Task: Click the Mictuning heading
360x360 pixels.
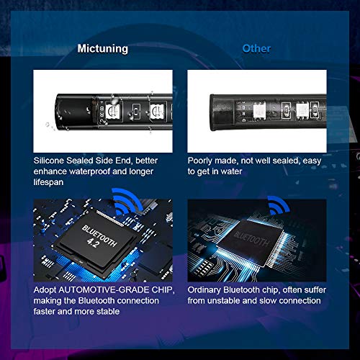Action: pos(104,49)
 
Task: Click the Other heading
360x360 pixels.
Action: pos(256,49)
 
